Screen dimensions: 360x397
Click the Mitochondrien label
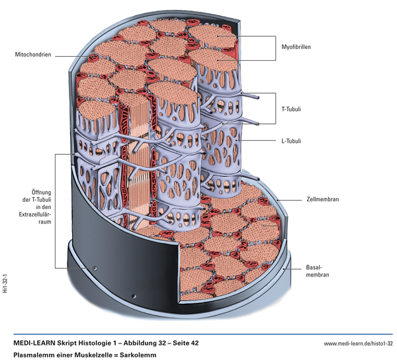[28, 54]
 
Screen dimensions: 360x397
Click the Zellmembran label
[323, 198]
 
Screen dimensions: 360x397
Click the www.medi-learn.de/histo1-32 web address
[358, 344]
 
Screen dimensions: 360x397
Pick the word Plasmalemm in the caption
[31, 355]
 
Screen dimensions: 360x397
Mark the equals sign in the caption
[114, 355]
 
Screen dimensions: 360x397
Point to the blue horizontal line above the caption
[198, 335]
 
